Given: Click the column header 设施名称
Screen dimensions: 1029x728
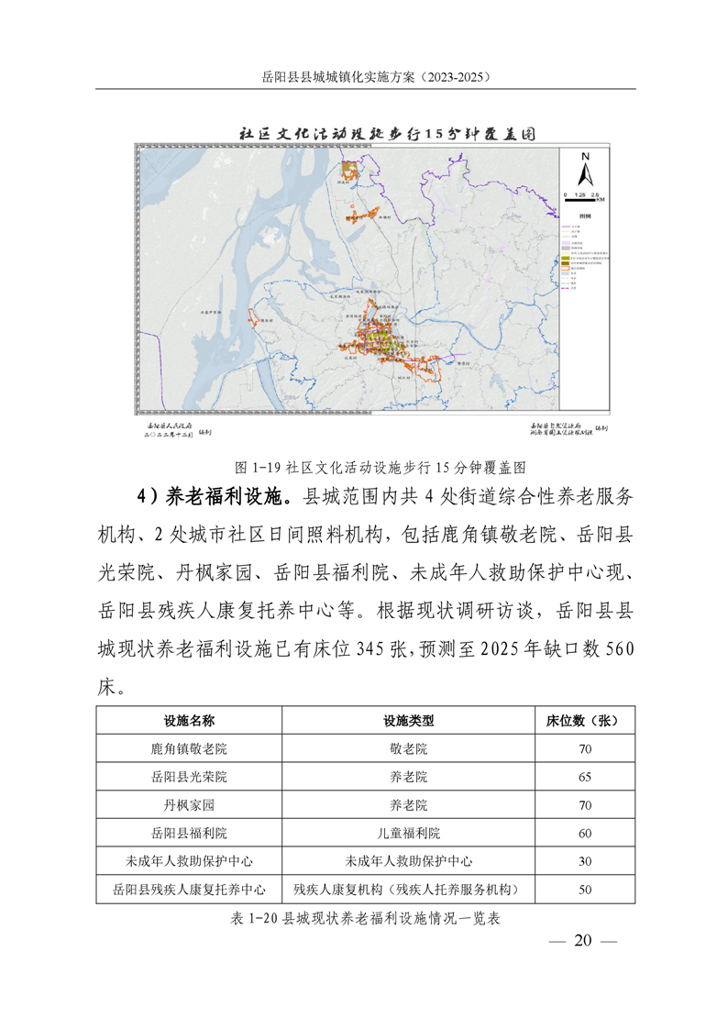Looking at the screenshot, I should tap(189, 721).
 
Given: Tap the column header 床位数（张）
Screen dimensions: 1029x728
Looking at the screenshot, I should tap(585, 721).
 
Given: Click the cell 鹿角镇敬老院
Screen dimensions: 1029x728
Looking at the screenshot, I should tap(189, 749).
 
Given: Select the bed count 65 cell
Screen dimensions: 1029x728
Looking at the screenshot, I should tap(585, 777).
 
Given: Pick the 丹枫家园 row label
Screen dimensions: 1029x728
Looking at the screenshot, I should tap(189, 805).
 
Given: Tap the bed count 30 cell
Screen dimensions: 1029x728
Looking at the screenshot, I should tap(585, 861).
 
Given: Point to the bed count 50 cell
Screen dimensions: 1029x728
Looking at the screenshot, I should tap(585, 889).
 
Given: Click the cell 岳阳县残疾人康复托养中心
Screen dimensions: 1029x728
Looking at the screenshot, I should tap(189, 889).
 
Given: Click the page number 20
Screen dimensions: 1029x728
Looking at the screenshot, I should tap(584, 941).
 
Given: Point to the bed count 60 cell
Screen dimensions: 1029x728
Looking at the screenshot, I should tap(585, 833).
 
